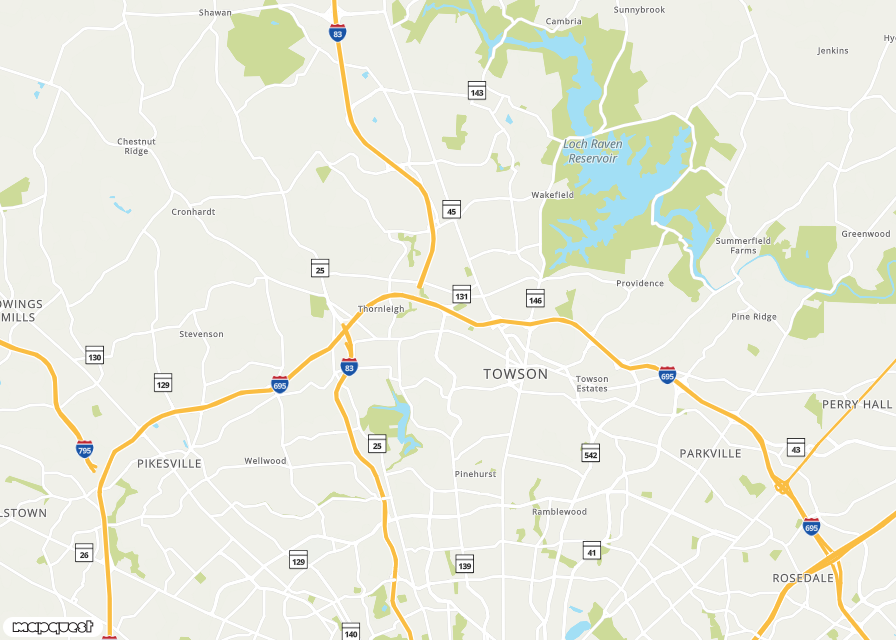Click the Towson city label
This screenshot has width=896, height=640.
click(x=515, y=374)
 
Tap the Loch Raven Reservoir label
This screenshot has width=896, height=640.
click(x=593, y=151)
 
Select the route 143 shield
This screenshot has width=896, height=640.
click(x=477, y=91)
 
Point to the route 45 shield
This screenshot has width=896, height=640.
click(x=452, y=210)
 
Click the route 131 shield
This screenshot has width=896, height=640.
click(x=461, y=295)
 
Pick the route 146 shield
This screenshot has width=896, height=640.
click(x=535, y=299)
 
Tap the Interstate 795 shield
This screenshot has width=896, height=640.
click(x=85, y=449)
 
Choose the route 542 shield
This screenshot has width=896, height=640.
click(x=591, y=453)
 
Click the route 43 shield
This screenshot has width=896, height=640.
click(x=796, y=448)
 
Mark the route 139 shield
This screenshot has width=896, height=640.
click(x=465, y=565)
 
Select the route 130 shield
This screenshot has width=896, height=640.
click(x=95, y=355)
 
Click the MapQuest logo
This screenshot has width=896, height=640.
click(x=53, y=627)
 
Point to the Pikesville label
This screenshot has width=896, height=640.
click(x=169, y=464)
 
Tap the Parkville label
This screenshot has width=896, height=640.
click(x=711, y=453)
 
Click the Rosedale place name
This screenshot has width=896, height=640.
click(x=803, y=578)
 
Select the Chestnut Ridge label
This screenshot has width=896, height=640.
click(x=136, y=146)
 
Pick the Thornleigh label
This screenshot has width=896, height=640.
click(x=381, y=309)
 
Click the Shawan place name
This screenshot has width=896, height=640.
click(x=215, y=13)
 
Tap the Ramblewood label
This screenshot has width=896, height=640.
click(x=559, y=512)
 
